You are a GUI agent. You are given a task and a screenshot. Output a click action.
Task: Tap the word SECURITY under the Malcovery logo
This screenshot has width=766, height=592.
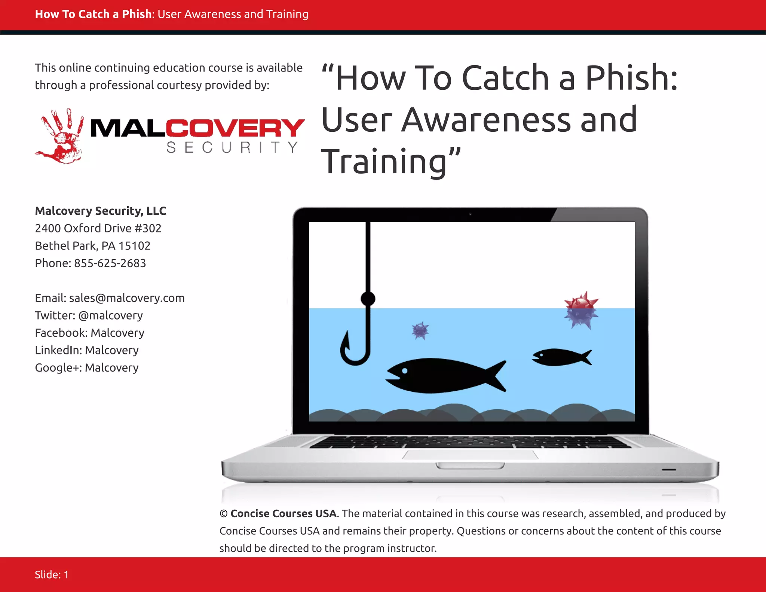click(x=232, y=147)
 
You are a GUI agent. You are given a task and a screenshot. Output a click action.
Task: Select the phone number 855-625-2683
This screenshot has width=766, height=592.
click(x=110, y=263)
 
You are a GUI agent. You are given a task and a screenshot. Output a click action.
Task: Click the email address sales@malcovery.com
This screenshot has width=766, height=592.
click(x=127, y=298)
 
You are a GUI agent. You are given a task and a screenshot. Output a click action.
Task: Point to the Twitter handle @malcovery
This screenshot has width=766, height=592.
click(x=110, y=315)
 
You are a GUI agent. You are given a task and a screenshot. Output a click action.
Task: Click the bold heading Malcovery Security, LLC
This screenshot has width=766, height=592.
click(x=101, y=211)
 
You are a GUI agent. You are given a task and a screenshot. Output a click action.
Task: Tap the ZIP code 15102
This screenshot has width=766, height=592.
click(x=134, y=246)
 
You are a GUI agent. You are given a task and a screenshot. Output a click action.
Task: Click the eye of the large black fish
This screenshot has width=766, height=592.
click(x=405, y=371)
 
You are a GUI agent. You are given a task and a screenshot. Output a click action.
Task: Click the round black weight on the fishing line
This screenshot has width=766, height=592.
click(x=368, y=299)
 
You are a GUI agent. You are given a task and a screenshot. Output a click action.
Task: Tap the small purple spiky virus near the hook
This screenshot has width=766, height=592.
click(x=420, y=330)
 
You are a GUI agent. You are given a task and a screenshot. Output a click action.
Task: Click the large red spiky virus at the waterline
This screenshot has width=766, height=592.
click(x=581, y=310)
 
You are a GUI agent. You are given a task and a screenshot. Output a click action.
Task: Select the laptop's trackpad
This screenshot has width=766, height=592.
click(x=470, y=455)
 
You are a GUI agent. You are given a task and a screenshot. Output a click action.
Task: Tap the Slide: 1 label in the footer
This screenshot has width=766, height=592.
click(x=52, y=574)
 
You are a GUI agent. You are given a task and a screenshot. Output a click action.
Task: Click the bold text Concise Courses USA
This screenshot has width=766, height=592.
click(x=283, y=513)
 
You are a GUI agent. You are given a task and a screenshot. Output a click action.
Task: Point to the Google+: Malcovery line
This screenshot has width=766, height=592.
click(x=87, y=367)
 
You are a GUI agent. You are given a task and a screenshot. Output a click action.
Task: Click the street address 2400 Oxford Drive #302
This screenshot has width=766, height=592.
click(x=98, y=228)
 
